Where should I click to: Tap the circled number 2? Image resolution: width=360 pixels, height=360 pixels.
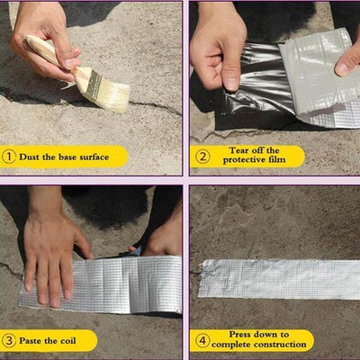[x=203, y=156]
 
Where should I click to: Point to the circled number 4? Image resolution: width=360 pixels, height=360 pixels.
[x=203, y=340]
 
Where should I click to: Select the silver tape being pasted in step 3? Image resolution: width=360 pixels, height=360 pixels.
[x=108, y=288]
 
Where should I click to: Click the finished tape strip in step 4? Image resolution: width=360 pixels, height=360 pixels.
[x=279, y=278]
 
